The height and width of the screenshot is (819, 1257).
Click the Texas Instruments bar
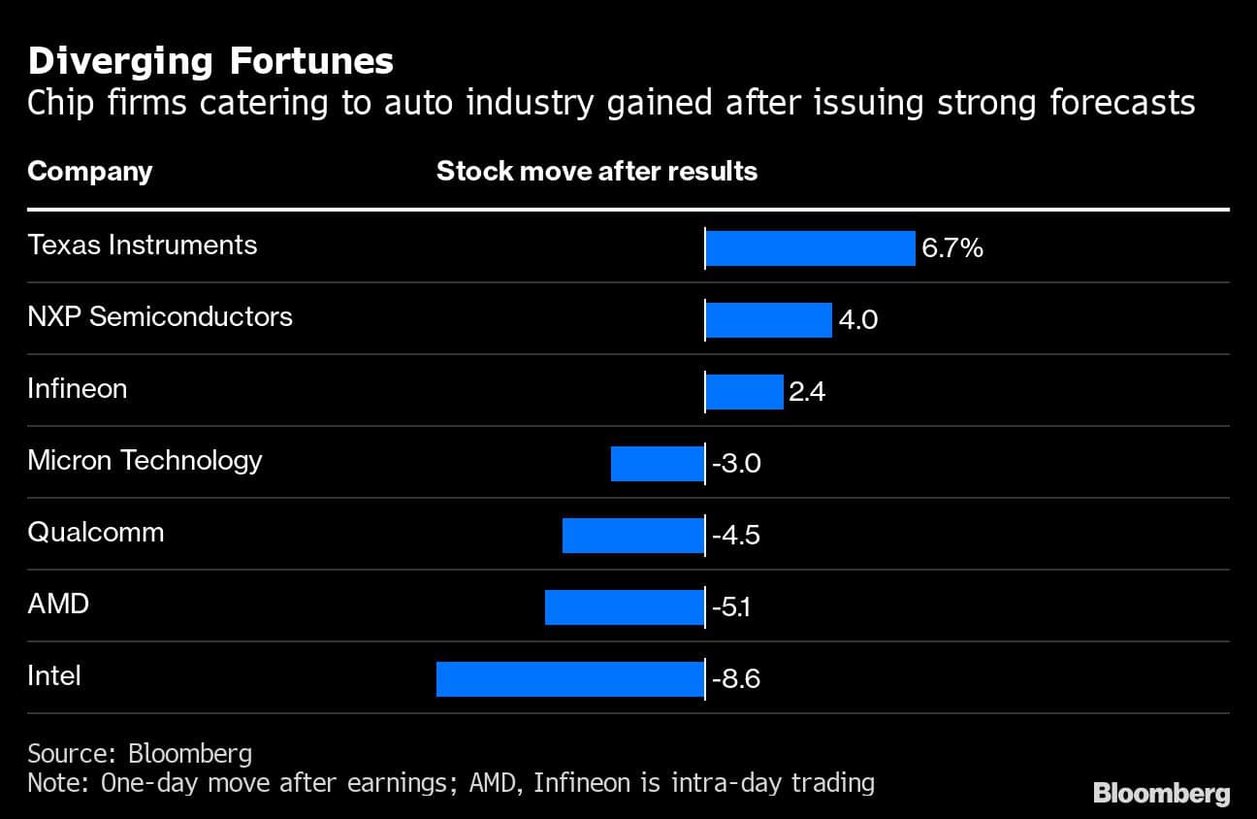pyautogui.click(x=810, y=248)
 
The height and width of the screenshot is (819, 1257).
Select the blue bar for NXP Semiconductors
pyautogui.click(x=768, y=320)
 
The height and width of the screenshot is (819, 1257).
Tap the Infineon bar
pyautogui.click(x=744, y=392)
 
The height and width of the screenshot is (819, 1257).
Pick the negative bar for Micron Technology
pyautogui.click(x=658, y=464)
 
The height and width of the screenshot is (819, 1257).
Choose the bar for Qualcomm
pyautogui.click(x=633, y=536)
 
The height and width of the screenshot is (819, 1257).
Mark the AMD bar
pyautogui.click(x=625, y=607)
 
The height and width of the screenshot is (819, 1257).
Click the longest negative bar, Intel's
pyautogui.click(x=570, y=679)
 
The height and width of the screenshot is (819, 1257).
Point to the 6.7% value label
pyautogui.click(x=952, y=248)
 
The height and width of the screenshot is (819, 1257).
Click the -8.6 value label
pyautogui.click(x=735, y=679)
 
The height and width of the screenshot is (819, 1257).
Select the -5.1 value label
pyautogui.click(x=732, y=607)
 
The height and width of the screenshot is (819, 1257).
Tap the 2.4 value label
pyautogui.click(x=807, y=392)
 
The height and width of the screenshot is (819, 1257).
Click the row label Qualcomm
pyautogui.click(x=96, y=532)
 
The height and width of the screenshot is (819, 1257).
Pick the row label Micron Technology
pyautogui.click(x=145, y=460)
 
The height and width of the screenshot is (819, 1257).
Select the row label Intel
pyautogui.click(x=54, y=675)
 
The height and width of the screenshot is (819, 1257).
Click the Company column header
pyautogui.click(x=90, y=172)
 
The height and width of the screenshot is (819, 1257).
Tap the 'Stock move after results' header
pyautogui.click(x=596, y=172)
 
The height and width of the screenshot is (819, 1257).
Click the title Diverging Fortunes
pyautogui.click(x=210, y=61)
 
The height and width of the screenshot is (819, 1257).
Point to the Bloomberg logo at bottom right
pyautogui.click(x=1161, y=793)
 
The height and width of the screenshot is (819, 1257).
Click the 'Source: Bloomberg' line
pyautogui.click(x=140, y=753)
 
